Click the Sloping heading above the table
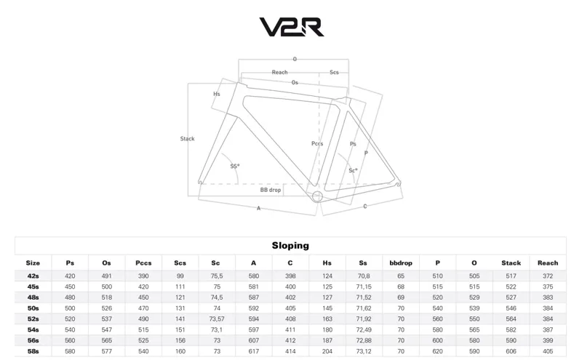point(290,246)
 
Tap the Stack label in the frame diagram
point(188,138)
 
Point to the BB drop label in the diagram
point(271,190)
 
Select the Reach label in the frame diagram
point(279,72)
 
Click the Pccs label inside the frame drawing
point(317,144)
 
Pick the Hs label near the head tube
point(217,95)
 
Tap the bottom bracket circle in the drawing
point(317,195)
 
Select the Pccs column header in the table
point(143,263)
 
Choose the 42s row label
point(33,276)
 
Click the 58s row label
point(33,352)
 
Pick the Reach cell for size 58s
point(548,352)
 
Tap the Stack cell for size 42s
point(511,276)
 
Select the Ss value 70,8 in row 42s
point(364,276)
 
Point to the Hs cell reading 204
point(327,352)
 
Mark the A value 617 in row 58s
point(254,352)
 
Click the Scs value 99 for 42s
point(180,276)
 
